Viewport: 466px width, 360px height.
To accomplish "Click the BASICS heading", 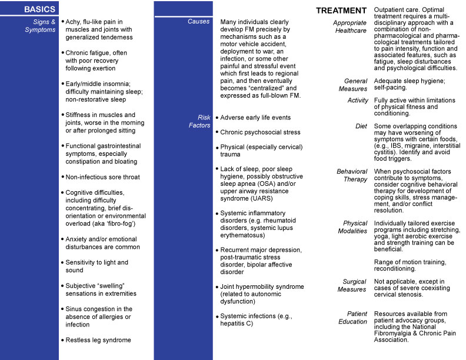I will point(40,9).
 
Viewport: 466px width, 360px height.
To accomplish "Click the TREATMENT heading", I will point(342,11).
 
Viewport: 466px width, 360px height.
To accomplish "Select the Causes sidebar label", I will point(199,22).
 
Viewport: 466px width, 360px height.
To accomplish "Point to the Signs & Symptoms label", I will point(40,26).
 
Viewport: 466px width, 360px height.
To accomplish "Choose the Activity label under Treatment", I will point(357,100).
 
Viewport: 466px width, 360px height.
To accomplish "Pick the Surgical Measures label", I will point(352,285).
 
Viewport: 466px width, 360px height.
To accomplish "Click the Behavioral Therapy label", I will point(352,175).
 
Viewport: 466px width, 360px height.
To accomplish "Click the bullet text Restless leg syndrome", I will point(98,340).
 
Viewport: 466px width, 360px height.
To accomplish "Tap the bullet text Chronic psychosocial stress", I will point(260,132).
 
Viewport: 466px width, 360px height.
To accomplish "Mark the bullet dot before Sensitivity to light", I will point(62,262).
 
